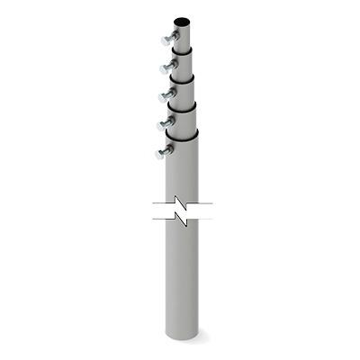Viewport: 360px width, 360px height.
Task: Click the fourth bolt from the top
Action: (165, 121)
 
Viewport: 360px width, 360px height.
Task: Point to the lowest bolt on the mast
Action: (162, 151)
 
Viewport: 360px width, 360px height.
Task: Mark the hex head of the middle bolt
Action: (160, 94)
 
